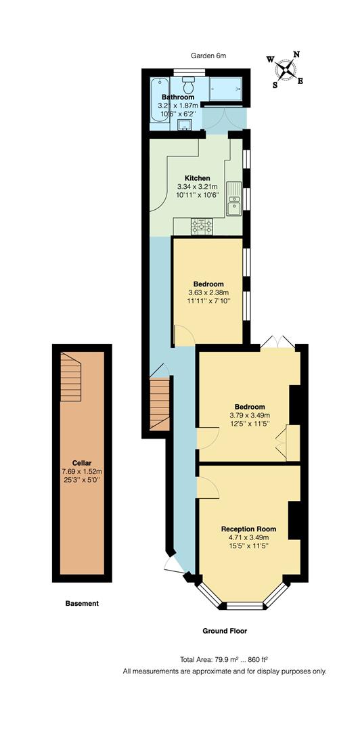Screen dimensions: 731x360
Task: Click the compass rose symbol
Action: coord(288,69)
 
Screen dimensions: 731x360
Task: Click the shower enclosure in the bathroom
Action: coord(226,89)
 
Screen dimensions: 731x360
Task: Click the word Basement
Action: coord(82,603)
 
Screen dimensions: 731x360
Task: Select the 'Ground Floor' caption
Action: coord(225,631)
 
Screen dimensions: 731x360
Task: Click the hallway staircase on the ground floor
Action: coord(158,404)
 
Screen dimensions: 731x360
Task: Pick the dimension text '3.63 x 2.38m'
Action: coord(208,292)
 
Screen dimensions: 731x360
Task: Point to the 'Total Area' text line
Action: coord(224,659)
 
